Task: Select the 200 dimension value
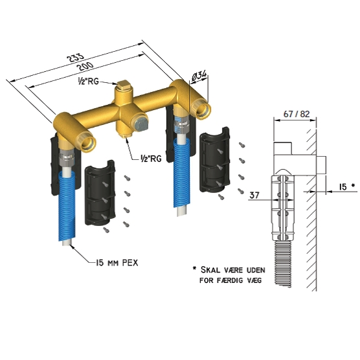[x=85, y=66]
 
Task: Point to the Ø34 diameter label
[x=199, y=76]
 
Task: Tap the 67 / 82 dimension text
[x=297, y=114]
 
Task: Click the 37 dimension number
[x=254, y=195]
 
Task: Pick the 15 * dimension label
[x=346, y=186]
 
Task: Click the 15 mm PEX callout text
[x=117, y=263]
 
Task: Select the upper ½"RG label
[x=89, y=81]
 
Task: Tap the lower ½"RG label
[x=151, y=158]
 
